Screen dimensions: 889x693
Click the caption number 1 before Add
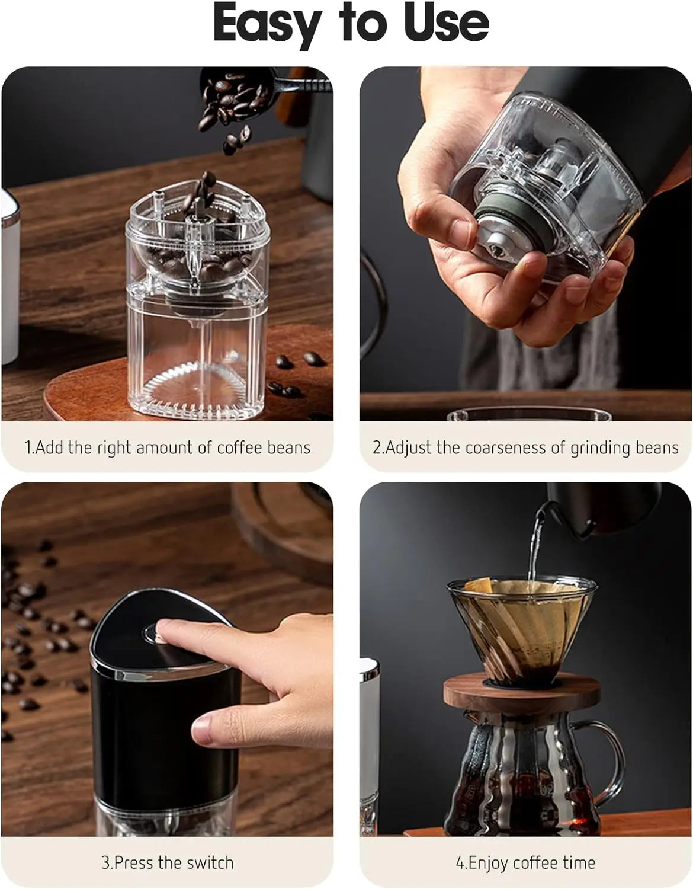coord(28,447)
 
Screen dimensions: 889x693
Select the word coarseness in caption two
coord(506,447)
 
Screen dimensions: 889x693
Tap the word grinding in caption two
coord(598,448)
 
